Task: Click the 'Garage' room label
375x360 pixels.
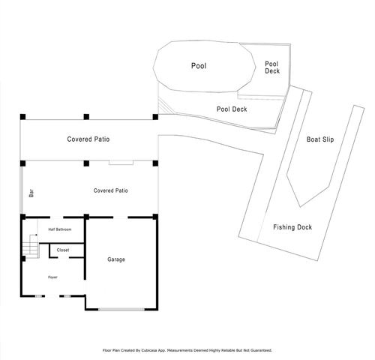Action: (x=115, y=259)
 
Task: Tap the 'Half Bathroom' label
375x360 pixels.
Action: (x=60, y=229)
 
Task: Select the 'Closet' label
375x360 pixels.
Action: (x=63, y=250)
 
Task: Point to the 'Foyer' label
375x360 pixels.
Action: (x=52, y=277)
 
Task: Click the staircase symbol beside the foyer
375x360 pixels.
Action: (x=31, y=246)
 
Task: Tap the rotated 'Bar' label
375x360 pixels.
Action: (x=31, y=193)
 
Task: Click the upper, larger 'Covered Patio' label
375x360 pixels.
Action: (x=89, y=139)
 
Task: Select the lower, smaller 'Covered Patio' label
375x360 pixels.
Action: (x=110, y=190)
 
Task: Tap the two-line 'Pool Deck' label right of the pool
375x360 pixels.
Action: (x=272, y=68)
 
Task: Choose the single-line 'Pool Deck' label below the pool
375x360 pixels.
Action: (x=232, y=109)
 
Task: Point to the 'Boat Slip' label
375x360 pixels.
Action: (x=320, y=139)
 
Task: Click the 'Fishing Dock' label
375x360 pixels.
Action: (x=292, y=227)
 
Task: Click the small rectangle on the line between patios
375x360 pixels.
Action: (x=120, y=162)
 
